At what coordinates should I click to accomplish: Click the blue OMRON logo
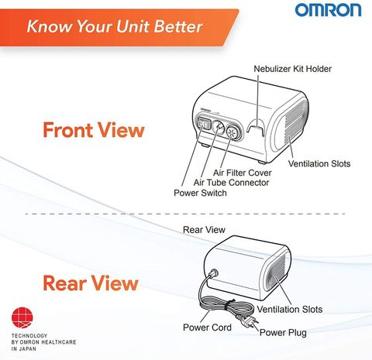point(329,10)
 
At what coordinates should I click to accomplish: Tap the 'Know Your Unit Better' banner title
point(115,26)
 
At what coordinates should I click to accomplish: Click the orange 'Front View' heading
point(94,130)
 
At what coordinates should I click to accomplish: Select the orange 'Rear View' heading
point(91,283)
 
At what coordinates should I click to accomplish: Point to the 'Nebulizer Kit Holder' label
point(292,69)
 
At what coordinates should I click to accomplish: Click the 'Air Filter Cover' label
point(243,173)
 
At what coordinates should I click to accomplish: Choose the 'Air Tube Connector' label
point(231,183)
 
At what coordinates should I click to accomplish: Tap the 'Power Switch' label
point(200,193)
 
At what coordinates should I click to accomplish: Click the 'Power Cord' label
point(207,327)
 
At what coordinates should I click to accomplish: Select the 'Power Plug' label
point(283,332)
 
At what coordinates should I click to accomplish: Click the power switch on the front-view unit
point(204,124)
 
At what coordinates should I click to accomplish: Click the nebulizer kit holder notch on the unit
point(256,127)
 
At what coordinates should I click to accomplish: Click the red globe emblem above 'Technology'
point(22,318)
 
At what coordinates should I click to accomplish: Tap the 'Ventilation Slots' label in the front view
point(319,163)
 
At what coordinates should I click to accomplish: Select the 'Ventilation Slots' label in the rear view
point(290,309)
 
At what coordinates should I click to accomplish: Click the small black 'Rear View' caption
point(204,230)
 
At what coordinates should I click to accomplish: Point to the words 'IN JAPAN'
point(24,349)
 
